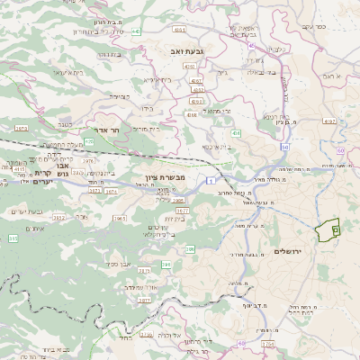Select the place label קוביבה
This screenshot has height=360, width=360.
(121, 94)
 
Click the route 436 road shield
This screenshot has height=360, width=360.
(236, 132)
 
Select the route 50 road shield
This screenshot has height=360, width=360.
(285, 146)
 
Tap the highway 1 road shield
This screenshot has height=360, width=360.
(207, 183)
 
